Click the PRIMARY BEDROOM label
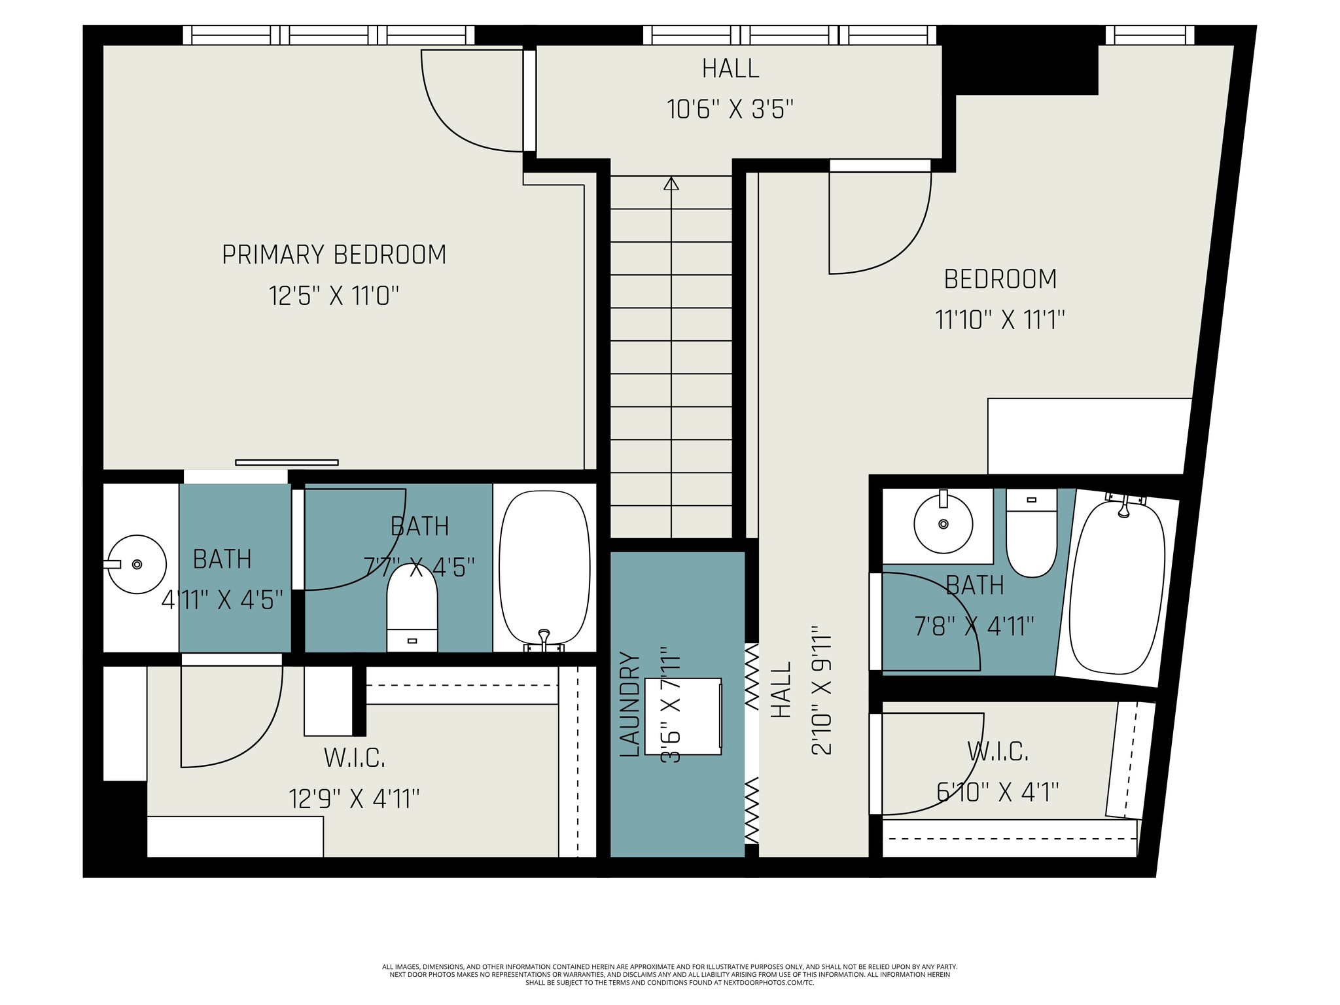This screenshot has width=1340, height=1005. click(x=334, y=255)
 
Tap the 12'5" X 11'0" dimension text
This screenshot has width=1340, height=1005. click(x=334, y=296)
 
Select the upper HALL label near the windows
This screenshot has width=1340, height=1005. click(x=730, y=69)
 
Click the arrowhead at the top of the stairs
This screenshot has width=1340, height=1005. click(x=671, y=183)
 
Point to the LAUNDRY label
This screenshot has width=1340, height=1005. click(x=629, y=704)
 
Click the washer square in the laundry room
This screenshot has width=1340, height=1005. click(x=683, y=716)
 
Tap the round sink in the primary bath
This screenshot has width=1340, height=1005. click(x=137, y=564)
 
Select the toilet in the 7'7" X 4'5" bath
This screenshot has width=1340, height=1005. click(x=412, y=607)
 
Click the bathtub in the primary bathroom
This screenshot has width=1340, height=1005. click(x=544, y=568)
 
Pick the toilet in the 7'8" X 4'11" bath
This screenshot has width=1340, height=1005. click(x=1031, y=533)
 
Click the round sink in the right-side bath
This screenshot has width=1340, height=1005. click(x=943, y=523)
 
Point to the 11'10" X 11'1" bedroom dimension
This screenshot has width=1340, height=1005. click(x=1000, y=321)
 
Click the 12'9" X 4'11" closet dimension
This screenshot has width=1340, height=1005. click(x=354, y=798)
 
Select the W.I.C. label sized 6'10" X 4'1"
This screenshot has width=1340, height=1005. click(x=998, y=751)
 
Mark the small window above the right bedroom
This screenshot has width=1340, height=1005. click(x=1150, y=35)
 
